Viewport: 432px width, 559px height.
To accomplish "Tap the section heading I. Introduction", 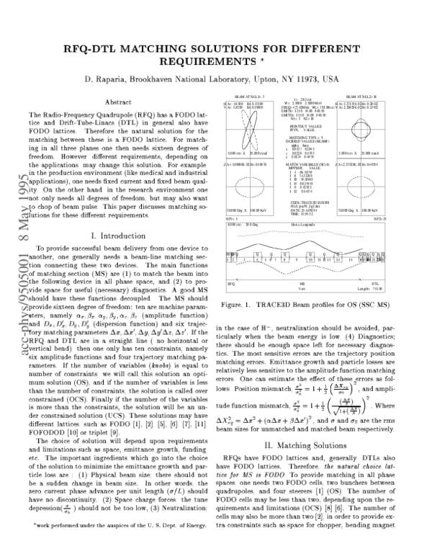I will [x=117, y=256].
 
